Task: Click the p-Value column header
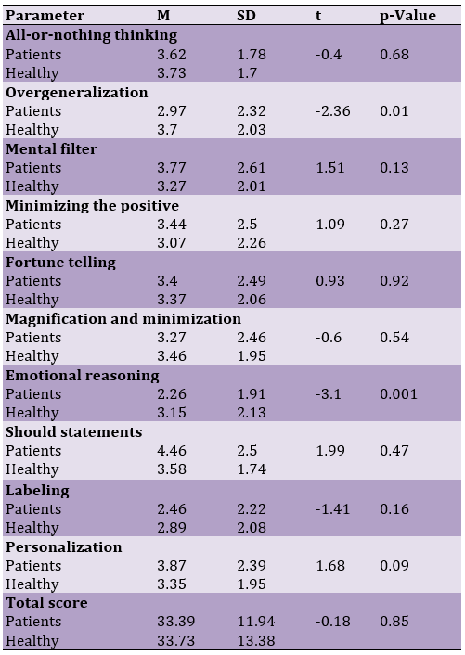click(x=407, y=16)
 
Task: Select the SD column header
click(x=246, y=16)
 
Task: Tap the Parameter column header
click(x=45, y=16)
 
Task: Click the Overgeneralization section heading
click(x=77, y=93)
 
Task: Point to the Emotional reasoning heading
click(x=83, y=376)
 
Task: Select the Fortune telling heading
click(x=61, y=263)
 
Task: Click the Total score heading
click(x=46, y=602)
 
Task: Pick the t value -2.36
click(x=333, y=111)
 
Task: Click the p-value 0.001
click(x=398, y=394)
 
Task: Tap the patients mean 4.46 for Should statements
click(x=172, y=450)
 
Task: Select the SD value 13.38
click(x=256, y=640)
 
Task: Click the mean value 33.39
click(x=176, y=622)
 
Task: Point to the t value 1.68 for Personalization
click(x=330, y=565)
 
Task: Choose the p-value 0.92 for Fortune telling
click(x=394, y=281)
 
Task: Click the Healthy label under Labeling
click(x=32, y=528)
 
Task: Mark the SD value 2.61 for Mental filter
click(x=252, y=168)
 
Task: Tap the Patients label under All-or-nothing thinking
click(x=33, y=55)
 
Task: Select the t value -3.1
click(x=329, y=394)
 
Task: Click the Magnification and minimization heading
click(x=123, y=319)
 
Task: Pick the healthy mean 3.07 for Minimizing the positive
click(x=172, y=243)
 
